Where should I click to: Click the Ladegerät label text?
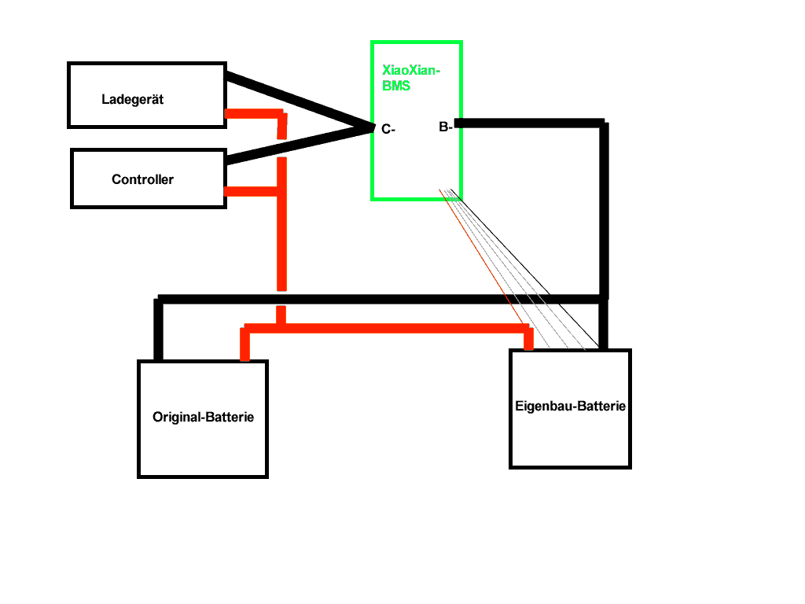click(x=133, y=100)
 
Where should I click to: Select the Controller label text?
click(x=142, y=179)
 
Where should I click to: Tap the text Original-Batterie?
click(x=203, y=418)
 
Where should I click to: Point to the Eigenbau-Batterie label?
click(x=571, y=407)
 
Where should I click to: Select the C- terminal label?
click(x=388, y=130)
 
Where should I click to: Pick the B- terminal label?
click(x=445, y=126)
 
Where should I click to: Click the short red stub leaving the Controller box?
click(x=250, y=190)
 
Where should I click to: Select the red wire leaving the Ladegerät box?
click(x=252, y=113)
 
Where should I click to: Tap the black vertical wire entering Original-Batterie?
click(x=158, y=330)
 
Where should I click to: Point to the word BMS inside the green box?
click(x=396, y=87)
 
